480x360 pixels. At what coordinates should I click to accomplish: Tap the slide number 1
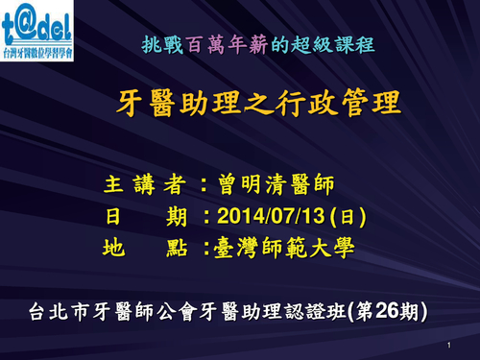448,344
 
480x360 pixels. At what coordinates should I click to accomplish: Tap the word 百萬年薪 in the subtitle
219,44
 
